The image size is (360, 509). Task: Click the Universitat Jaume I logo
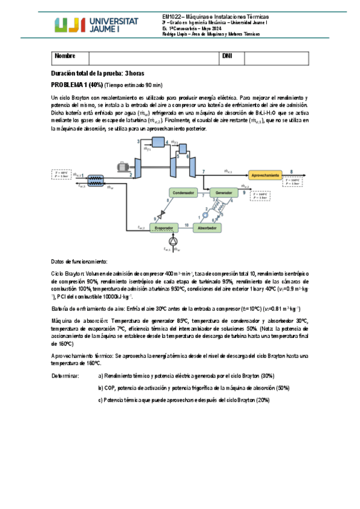click(97, 25)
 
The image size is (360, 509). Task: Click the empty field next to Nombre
click(153, 57)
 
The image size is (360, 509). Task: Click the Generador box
click(224, 193)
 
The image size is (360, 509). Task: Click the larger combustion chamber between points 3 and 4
click(158, 141)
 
